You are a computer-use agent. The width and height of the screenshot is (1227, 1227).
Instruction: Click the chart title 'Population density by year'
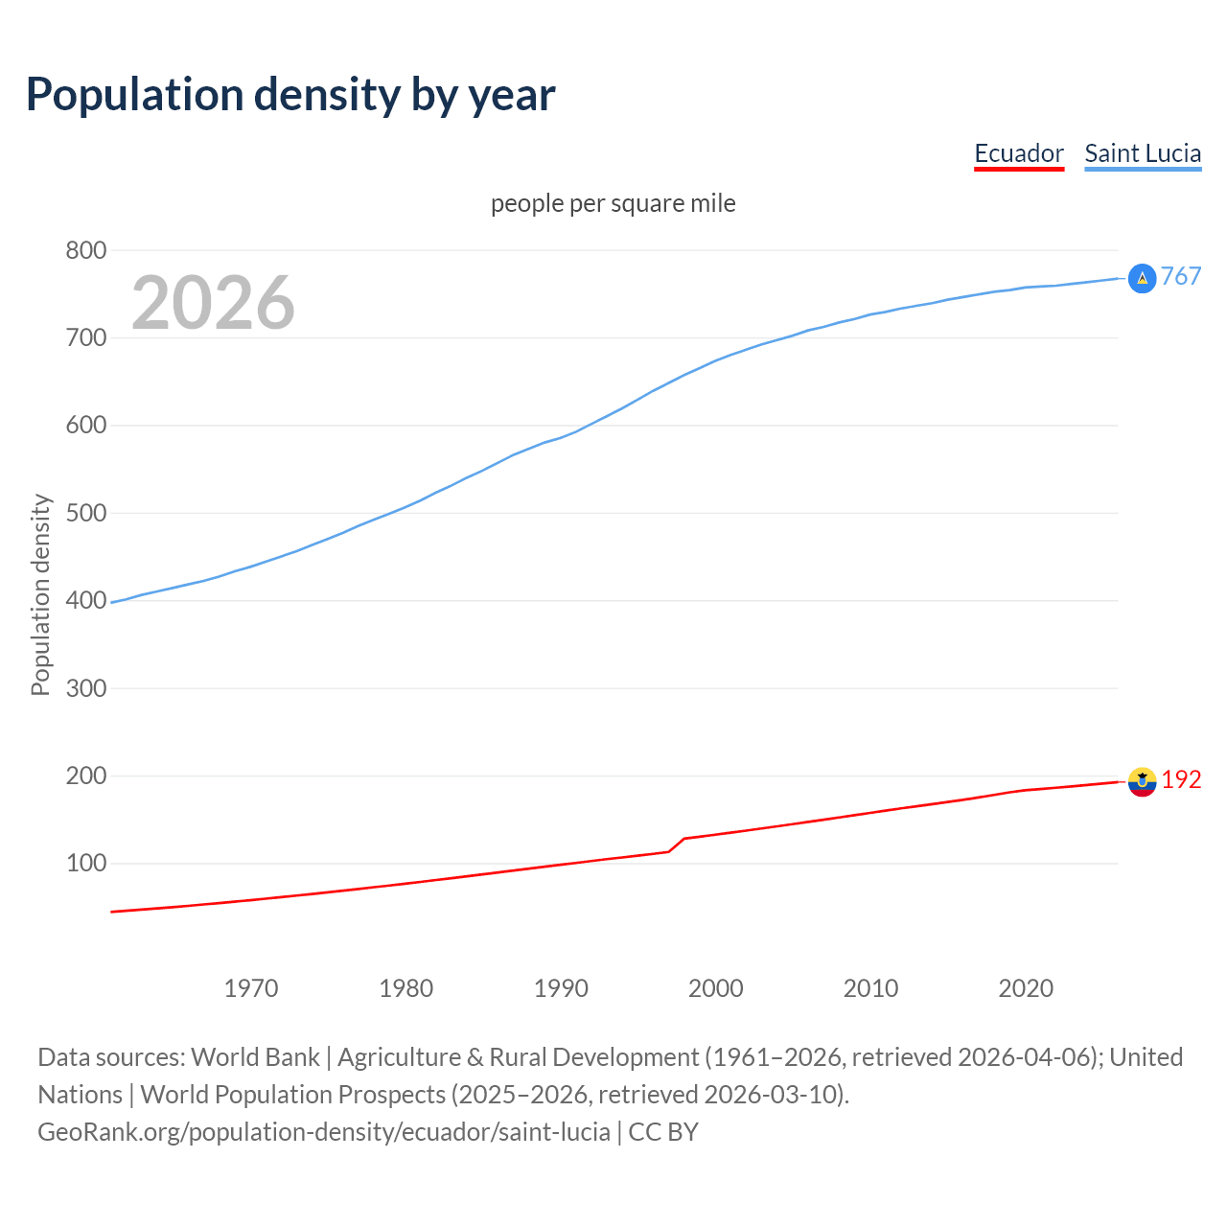(x=290, y=95)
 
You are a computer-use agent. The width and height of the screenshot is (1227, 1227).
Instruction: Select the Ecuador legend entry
(x=1018, y=153)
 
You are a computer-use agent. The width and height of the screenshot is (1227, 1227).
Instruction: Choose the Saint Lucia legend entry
(x=1142, y=153)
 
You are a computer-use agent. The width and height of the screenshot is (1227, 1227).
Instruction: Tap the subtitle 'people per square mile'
(x=613, y=204)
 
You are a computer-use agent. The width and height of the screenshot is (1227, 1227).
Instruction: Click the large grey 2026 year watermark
(x=213, y=303)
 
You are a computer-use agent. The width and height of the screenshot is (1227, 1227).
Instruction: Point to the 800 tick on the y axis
(x=85, y=251)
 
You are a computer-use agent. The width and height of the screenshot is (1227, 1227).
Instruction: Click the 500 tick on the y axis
(x=85, y=513)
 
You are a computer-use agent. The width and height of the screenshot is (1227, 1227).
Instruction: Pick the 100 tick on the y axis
(x=85, y=864)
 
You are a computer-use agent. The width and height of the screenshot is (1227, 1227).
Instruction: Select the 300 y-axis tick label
(x=85, y=688)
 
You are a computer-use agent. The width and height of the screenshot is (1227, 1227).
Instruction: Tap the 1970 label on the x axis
(x=251, y=988)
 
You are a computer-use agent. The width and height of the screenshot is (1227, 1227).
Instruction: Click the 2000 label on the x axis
(x=715, y=988)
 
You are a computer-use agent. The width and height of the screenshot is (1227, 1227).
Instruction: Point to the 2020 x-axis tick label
(x=1026, y=988)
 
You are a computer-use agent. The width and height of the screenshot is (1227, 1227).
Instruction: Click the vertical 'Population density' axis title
(x=40, y=594)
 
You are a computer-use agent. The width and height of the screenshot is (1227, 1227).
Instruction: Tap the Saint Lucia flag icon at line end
(x=1142, y=278)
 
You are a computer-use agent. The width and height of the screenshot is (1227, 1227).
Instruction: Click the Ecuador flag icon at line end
(x=1142, y=781)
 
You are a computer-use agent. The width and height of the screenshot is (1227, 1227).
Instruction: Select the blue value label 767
(x=1181, y=277)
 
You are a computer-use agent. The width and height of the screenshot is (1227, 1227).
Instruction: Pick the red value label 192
(x=1181, y=780)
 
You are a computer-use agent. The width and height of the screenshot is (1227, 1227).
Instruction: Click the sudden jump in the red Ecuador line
(x=677, y=845)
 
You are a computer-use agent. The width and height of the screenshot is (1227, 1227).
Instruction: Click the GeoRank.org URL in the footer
(x=324, y=1132)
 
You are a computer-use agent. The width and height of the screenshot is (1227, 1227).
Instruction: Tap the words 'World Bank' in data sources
(x=255, y=1057)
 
